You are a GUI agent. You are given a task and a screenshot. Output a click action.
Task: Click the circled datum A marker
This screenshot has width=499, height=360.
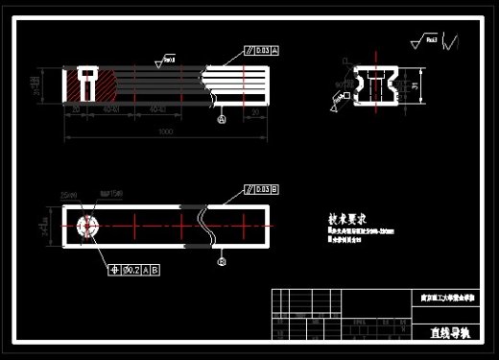point(223,120)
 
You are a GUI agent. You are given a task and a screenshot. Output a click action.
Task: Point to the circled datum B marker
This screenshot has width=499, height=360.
point(223,260)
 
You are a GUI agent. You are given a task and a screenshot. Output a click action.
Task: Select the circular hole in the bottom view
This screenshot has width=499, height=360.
point(87,228)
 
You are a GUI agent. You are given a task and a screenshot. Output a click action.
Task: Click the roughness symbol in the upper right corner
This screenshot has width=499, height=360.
point(429,41)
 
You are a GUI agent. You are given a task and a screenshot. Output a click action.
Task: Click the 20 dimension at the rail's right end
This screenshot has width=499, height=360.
point(254,112)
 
